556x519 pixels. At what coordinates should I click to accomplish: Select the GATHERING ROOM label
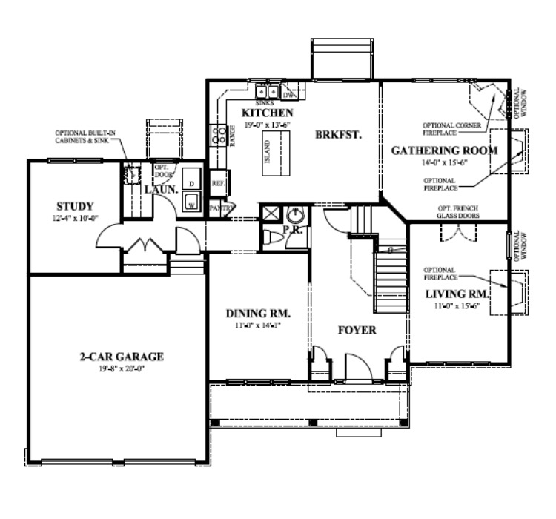click(443, 150)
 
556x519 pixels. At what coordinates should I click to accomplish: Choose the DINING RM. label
click(257, 313)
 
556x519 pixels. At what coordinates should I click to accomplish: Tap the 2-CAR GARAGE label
click(121, 357)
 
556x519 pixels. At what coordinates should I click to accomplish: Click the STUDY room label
click(75, 205)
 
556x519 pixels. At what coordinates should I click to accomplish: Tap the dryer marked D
click(191, 182)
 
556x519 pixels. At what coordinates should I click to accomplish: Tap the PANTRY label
click(221, 208)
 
